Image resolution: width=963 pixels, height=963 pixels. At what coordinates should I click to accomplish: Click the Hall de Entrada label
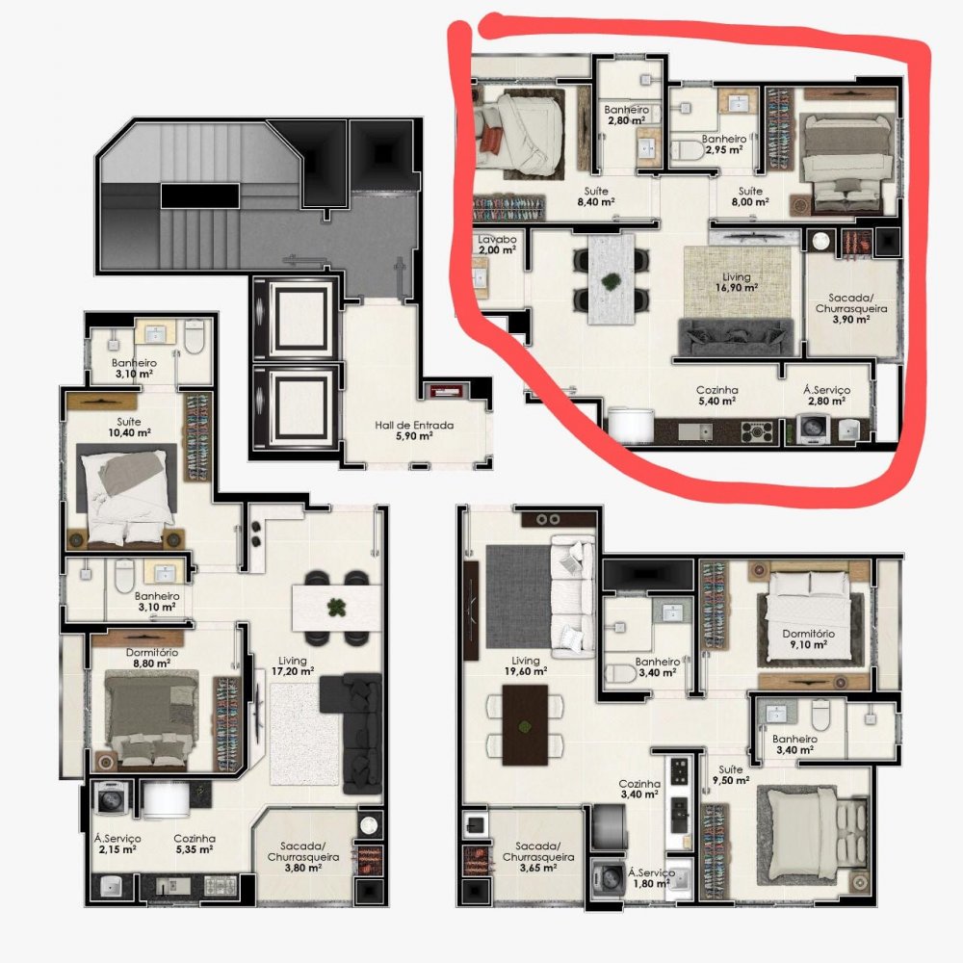click(x=414, y=430)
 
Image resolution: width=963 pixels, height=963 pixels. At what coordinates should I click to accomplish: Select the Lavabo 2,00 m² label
click(x=497, y=245)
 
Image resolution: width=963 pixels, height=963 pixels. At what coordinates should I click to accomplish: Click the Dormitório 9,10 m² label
click(x=808, y=638)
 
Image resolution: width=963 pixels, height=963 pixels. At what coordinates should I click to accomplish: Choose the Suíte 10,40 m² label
click(x=129, y=427)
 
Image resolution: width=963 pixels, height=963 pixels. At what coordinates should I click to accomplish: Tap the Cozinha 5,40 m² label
click(x=716, y=396)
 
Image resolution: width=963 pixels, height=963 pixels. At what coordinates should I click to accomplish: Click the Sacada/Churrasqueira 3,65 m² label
click(x=538, y=857)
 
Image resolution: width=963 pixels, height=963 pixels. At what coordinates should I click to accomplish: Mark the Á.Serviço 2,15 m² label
click(x=117, y=844)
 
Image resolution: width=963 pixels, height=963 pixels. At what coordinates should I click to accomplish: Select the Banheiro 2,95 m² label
click(x=723, y=143)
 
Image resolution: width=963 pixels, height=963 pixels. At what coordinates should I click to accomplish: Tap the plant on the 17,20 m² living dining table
click(x=335, y=608)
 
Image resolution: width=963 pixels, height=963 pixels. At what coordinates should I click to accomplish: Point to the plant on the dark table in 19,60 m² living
click(x=525, y=727)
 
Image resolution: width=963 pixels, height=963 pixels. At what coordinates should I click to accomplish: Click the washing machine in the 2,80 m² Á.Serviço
click(x=814, y=429)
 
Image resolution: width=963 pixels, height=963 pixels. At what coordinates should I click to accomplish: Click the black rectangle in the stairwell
click(x=199, y=195)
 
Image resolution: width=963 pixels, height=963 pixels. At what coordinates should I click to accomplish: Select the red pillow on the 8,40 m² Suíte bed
click(x=491, y=140)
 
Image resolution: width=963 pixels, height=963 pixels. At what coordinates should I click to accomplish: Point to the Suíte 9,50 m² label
click(x=731, y=774)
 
